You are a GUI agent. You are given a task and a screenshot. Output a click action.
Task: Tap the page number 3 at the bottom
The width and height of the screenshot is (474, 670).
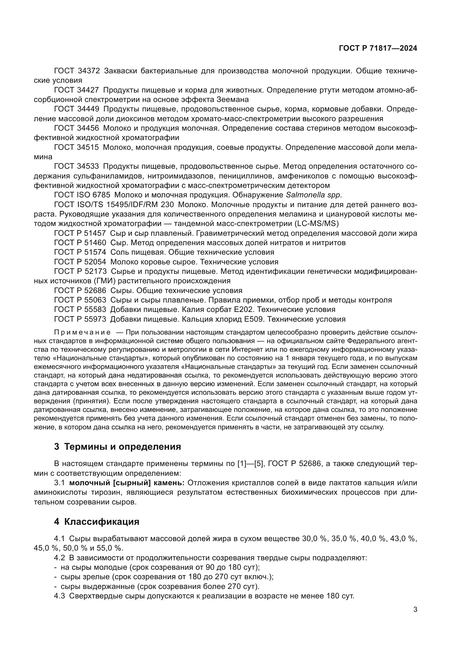click(x=415, y=610)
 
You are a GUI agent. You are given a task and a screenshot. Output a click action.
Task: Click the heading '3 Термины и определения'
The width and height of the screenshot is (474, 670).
click(x=117, y=447)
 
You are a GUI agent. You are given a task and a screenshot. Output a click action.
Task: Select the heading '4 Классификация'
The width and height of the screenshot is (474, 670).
click(x=97, y=521)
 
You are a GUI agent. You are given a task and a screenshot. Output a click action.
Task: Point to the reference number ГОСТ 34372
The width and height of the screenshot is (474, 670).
click(x=77, y=71)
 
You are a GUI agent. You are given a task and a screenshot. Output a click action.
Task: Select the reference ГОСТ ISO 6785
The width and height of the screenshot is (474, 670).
click(x=82, y=194)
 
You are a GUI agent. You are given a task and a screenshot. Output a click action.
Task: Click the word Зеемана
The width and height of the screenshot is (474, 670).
click(x=233, y=99)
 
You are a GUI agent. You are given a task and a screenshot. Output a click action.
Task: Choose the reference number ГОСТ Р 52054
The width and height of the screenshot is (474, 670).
click(x=80, y=262)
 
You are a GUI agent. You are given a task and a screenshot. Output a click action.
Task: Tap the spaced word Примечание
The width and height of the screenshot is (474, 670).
click(x=82, y=333)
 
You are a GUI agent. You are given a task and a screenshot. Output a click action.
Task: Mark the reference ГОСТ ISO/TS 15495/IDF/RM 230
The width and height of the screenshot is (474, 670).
click(x=114, y=205)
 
